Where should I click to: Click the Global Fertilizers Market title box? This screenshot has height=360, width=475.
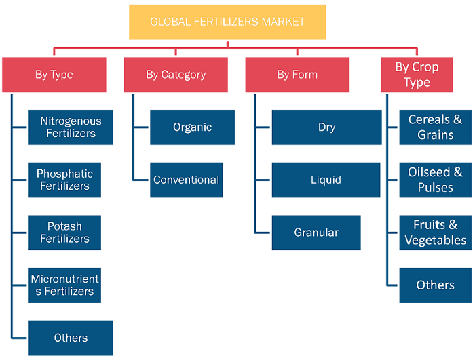(227, 22)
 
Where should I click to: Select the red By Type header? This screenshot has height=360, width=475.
(54, 75)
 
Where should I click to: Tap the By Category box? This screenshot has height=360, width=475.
(176, 75)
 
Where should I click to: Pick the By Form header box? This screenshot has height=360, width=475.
(297, 75)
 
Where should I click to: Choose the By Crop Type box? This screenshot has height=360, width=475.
(417, 75)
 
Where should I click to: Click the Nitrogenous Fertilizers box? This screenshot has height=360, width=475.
(71, 127)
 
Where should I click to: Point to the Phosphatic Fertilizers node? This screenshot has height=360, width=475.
(65, 180)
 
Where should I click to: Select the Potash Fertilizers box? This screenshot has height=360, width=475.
(65, 233)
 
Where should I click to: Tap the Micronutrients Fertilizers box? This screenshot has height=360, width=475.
(65, 285)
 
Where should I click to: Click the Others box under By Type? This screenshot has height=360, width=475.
(71, 338)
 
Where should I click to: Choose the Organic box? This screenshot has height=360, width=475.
(192, 127)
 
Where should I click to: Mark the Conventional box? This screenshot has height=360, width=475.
(187, 180)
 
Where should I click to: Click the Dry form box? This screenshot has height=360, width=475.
(327, 127)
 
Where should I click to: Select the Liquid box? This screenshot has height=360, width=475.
(326, 180)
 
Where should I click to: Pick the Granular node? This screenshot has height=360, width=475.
(316, 233)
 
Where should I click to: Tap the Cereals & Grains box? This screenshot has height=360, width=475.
(436, 127)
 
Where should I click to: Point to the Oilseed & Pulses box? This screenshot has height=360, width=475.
(436, 180)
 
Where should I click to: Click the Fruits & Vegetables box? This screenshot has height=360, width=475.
(436, 233)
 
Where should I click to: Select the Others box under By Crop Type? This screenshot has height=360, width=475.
(436, 285)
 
